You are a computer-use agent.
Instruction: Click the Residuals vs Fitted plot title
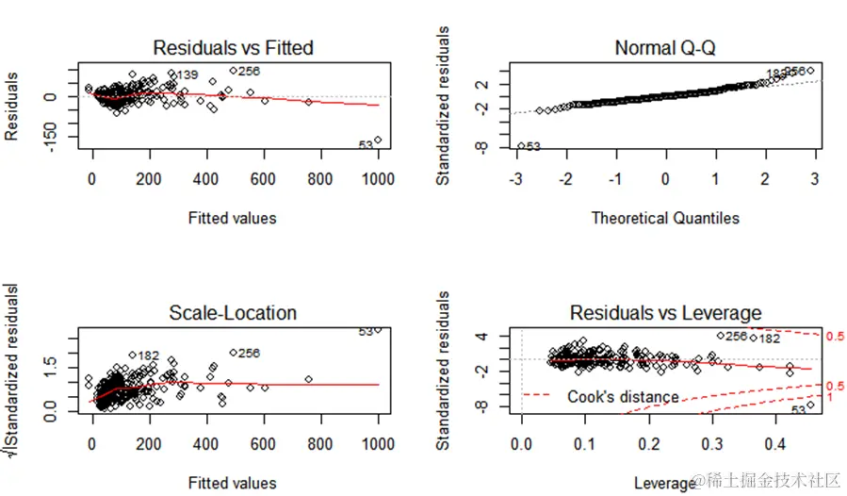coord(233,47)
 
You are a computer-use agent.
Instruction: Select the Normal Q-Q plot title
coord(664,47)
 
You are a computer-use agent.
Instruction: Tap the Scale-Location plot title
coord(233,313)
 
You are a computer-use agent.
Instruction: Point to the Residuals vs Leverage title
coord(665,313)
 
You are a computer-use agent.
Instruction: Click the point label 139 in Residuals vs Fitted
coord(187,75)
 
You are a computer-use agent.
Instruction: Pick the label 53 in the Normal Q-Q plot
coord(533,146)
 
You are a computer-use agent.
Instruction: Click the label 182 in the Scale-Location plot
coord(148,355)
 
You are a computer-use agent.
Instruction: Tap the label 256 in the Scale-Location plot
coord(248,354)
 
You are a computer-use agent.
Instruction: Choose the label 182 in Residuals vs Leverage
coord(769,339)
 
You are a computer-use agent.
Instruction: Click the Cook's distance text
coord(623,397)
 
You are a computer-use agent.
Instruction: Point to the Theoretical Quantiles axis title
coord(665,218)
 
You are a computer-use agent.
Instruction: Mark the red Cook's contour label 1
coord(829,399)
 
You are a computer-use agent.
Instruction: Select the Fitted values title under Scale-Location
coord(233,484)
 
